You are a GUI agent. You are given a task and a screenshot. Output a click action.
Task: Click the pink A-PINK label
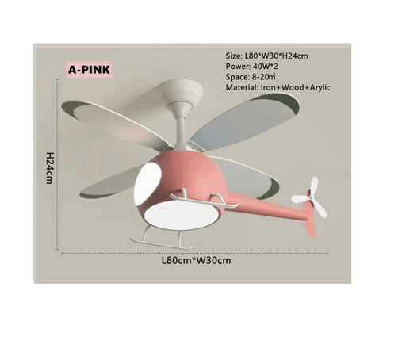point(90,70)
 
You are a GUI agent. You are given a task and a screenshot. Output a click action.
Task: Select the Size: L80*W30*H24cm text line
point(266,56)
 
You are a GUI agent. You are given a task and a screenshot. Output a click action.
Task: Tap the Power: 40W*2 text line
point(251,67)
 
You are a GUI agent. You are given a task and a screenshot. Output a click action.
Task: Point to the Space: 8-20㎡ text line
point(251,77)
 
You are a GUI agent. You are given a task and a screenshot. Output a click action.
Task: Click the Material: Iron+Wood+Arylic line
point(278,87)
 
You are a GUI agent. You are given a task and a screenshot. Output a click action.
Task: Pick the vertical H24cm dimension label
point(50,168)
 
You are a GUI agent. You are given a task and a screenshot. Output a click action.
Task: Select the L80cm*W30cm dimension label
point(196,260)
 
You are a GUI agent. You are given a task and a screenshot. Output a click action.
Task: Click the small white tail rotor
point(310,197)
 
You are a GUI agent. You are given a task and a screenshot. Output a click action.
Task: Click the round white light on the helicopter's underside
point(182,215)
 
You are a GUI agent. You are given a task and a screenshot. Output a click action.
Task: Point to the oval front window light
point(148,183)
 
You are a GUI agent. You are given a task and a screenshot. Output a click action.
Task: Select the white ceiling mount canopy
point(180,90)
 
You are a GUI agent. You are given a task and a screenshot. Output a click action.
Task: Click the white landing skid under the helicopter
point(161,240)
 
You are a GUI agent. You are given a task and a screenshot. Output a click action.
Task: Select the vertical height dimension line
point(57,164)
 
